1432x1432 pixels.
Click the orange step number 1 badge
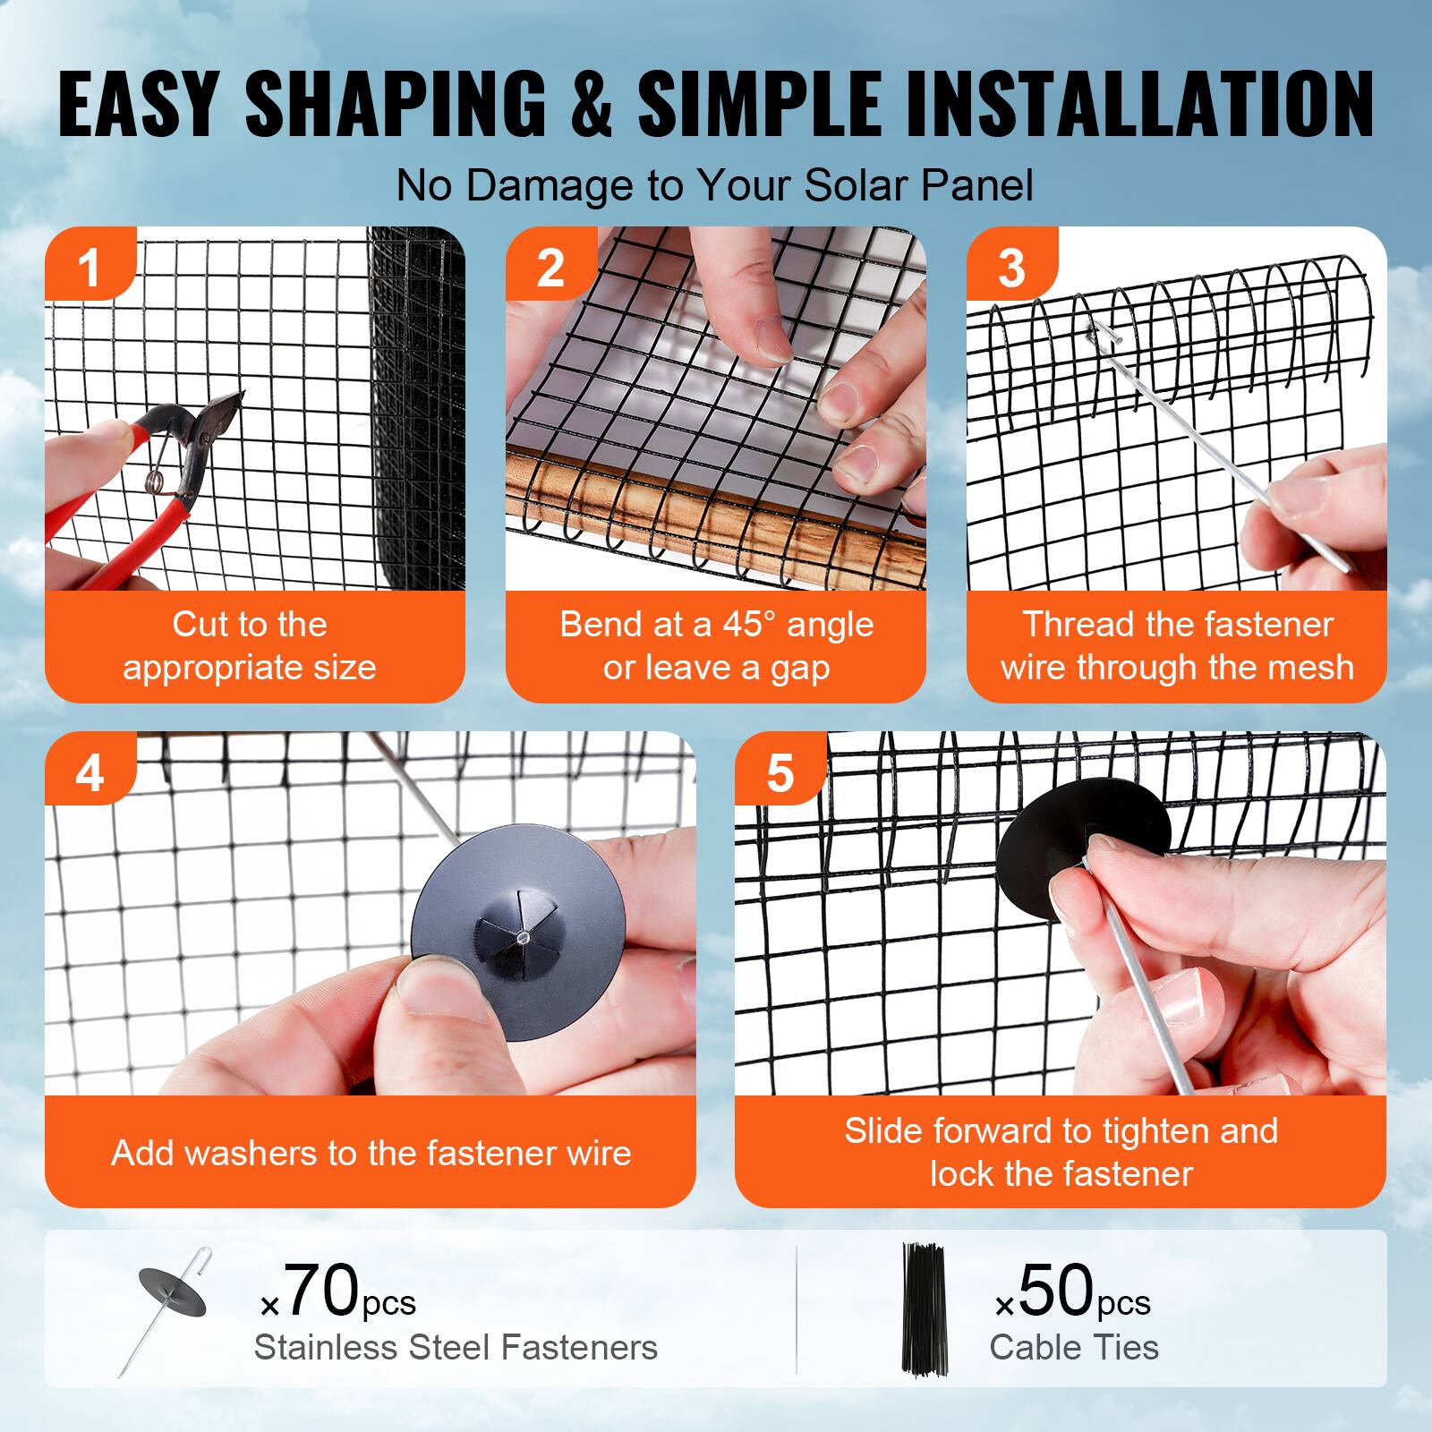(x=89, y=266)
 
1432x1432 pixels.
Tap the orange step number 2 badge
(x=550, y=267)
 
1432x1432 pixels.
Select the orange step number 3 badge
(x=1010, y=267)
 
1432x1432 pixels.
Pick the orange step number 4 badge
(x=89, y=771)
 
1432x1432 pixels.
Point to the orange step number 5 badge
(x=780, y=772)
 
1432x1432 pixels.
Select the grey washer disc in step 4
(x=519, y=922)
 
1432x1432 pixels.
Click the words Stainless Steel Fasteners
(x=456, y=1347)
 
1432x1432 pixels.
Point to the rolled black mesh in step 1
(x=415, y=403)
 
